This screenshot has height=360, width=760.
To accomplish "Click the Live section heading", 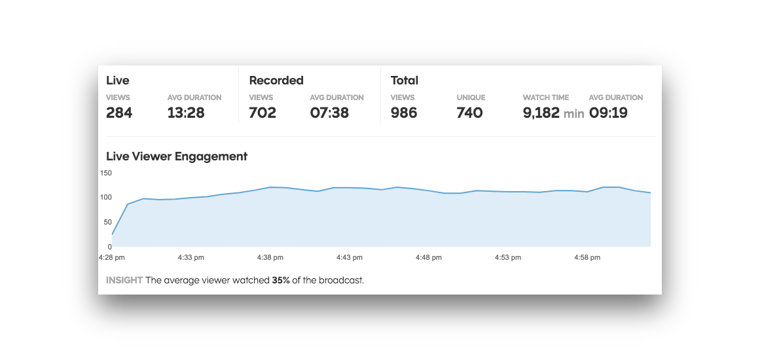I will (118, 81).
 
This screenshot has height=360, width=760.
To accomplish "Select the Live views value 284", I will (119, 113).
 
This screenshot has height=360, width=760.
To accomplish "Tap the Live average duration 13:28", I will (186, 113).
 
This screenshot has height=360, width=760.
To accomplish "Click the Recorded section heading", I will (276, 81).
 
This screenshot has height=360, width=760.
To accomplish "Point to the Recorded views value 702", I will (262, 113).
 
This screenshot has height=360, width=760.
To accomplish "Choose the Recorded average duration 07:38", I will (329, 113).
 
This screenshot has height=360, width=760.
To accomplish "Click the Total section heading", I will (405, 81).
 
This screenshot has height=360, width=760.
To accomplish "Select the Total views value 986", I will (404, 113).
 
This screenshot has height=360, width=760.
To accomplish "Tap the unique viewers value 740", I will (469, 113).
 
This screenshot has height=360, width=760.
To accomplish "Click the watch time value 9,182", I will (541, 113).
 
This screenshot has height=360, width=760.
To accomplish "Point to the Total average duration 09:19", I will (608, 113).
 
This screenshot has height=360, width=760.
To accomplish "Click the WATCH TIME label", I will (546, 98).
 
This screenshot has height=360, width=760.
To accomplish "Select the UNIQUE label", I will (471, 98).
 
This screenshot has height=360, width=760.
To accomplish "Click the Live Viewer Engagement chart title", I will (177, 156).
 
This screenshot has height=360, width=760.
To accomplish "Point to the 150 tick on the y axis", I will (106, 173).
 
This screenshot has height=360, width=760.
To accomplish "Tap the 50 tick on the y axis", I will (108, 222).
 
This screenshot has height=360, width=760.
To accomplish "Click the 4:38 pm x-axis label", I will (270, 258).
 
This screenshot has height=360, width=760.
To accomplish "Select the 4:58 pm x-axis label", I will (587, 258).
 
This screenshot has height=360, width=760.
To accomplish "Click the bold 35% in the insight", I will (281, 280).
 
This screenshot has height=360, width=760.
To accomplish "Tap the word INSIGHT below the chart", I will (124, 280).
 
